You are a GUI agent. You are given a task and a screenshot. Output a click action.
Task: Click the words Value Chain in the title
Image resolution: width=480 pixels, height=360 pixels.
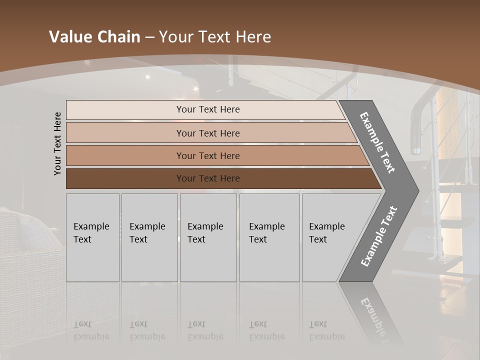click(94, 37)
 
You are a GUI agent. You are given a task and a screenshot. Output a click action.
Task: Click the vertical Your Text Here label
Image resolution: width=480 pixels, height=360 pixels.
click(58, 143)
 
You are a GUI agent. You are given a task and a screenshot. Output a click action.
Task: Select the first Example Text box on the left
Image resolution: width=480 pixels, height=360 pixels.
click(92, 237)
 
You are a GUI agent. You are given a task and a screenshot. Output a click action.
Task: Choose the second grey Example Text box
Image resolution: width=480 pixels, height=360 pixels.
click(149, 237)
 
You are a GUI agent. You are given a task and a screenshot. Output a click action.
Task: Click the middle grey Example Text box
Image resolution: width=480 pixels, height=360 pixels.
click(208, 237)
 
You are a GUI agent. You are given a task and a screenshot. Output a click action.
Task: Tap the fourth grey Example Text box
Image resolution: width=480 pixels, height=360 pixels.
click(269, 237)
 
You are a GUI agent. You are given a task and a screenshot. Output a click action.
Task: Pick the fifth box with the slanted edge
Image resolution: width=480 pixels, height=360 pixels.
click(330, 237)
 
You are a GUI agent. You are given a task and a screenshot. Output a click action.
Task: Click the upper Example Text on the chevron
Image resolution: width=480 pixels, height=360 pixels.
click(377, 142)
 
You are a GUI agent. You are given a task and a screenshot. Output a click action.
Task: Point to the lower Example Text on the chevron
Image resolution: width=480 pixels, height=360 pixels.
click(379, 236)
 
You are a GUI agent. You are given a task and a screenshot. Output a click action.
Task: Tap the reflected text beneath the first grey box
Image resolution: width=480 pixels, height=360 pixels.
click(91, 330)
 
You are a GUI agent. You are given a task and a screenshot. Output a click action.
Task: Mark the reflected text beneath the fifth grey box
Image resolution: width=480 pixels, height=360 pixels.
click(327, 330)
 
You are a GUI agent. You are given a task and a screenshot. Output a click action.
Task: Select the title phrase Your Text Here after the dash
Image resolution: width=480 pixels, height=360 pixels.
click(215, 37)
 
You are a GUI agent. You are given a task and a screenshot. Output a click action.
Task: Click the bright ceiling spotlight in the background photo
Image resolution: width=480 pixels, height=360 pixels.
click(147, 76)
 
